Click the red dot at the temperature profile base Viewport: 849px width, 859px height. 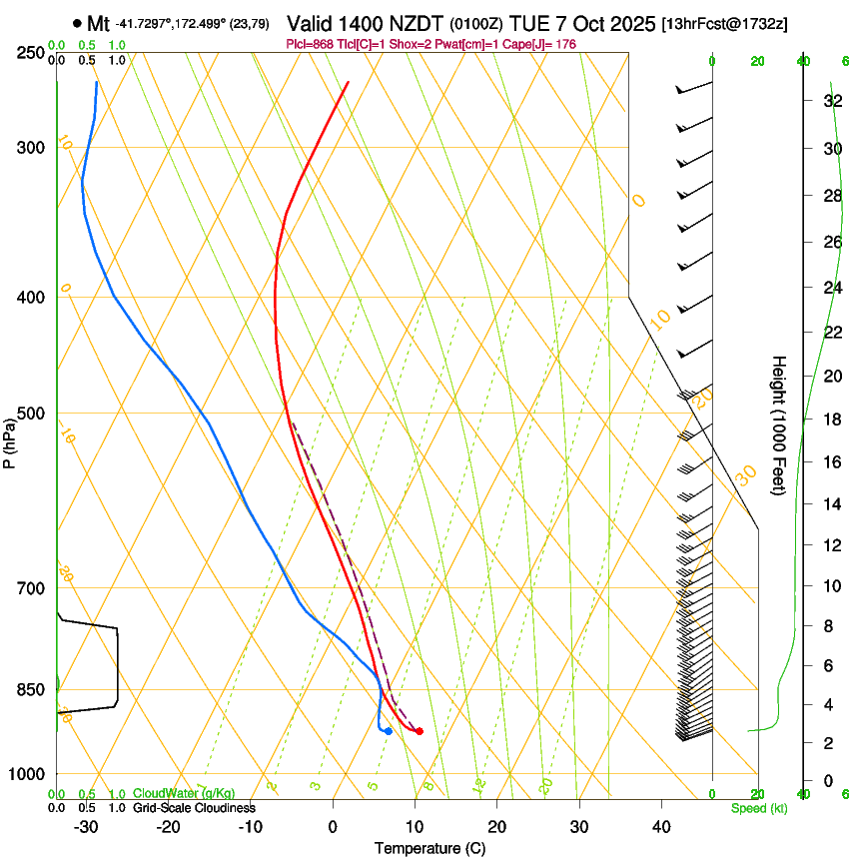419,731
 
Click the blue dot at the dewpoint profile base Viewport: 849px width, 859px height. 388,731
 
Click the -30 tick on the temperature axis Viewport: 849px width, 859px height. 86,826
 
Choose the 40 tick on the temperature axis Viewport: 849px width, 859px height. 660,826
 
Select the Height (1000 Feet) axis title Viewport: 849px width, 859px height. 779,425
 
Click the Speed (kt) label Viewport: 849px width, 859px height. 758,808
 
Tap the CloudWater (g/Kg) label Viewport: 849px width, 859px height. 184,794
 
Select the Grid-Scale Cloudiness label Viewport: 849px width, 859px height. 194,808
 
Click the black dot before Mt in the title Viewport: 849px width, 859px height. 77,23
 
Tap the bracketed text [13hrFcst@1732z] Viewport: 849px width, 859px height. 724,23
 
